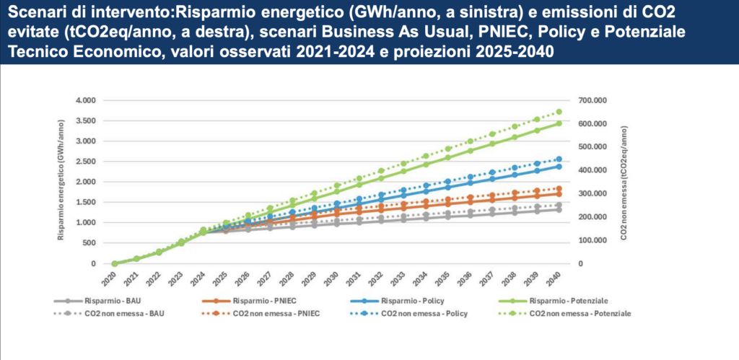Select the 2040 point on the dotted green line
coord(559,112)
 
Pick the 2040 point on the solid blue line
coord(559,167)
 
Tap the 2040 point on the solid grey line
coord(559,210)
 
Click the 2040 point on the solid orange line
coord(559,194)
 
